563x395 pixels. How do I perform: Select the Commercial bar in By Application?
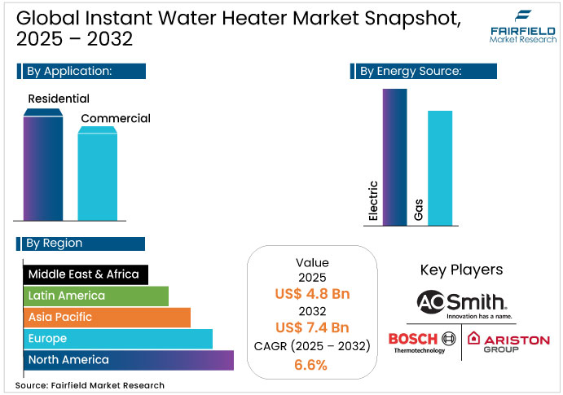tap(97, 173)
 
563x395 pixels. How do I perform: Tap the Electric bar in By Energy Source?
tap(394, 156)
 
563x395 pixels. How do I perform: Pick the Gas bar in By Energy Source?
tap(440, 168)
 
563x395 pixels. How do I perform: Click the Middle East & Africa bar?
tap(85, 274)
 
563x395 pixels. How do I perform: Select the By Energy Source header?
tap(424, 72)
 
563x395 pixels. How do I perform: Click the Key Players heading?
tap(461, 270)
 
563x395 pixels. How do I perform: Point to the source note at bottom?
tap(90, 385)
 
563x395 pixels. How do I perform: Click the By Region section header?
tap(80, 243)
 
